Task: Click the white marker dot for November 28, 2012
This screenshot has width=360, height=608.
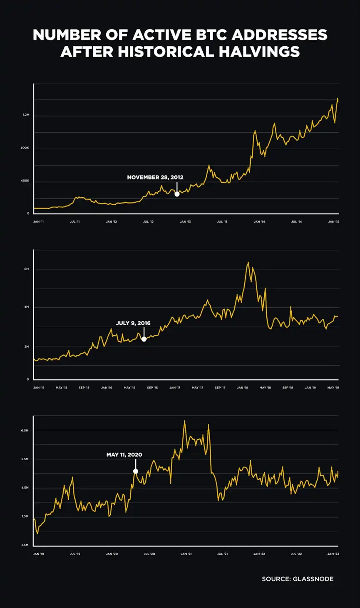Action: [x=177, y=194]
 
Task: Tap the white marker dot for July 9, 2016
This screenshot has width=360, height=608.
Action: [x=144, y=339]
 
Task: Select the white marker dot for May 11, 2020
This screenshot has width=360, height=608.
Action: [x=136, y=471]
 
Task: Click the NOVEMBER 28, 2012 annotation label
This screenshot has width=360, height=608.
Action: [x=155, y=177]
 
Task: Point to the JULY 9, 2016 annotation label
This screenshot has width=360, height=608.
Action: [x=133, y=323]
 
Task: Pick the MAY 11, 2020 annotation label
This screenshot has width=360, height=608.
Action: [x=124, y=455]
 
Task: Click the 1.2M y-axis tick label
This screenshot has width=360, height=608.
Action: [x=26, y=115]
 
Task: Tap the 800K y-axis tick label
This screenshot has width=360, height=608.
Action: [x=25, y=148]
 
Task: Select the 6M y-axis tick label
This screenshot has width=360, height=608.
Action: [x=26, y=269]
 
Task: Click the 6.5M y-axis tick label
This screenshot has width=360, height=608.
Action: [x=25, y=430]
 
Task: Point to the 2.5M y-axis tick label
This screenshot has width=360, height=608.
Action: [x=25, y=545]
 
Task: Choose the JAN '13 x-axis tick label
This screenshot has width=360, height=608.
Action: [x=186, y=222]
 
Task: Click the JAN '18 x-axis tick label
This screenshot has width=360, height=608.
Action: [x=243, y=388]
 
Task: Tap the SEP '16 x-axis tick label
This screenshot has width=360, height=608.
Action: [x=152, y=388]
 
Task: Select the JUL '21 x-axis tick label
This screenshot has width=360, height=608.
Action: [x=223, y=554]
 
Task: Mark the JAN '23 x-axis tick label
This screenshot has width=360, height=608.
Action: [x=333, y=554]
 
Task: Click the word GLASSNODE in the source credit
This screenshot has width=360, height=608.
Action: [x=313, y=579]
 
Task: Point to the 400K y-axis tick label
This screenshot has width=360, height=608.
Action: [x=25, y=181]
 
